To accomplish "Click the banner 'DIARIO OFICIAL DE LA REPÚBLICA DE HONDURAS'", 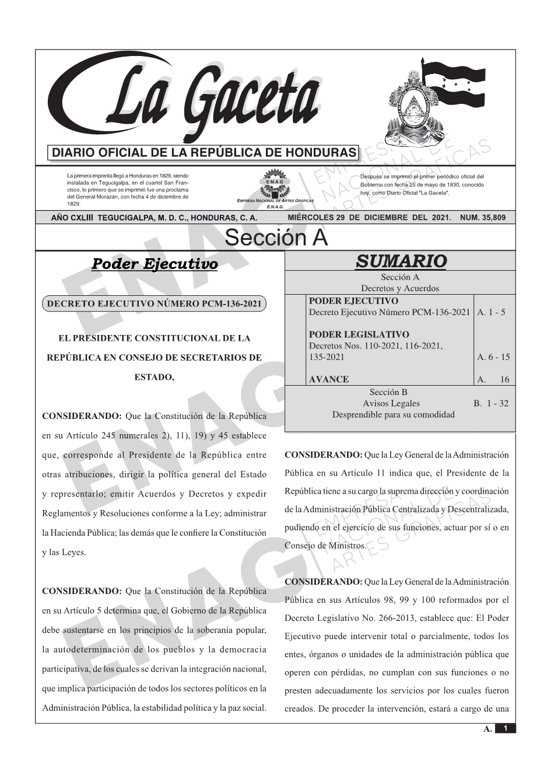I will pyautogui.click(x=203, y=153).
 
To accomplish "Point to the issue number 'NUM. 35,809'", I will pyautogui.click(x=483, y=218).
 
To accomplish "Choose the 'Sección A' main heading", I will pyautogui.click(x=276, y=238).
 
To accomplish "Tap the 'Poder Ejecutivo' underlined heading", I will pyautogui.click(x=155, y=264).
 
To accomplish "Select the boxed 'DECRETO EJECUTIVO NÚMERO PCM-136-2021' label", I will pyautogui.click(x=155, y=304).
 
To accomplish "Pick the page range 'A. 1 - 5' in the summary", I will pyautogui.click(x=491, y=312).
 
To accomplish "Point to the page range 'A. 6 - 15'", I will pyautogui.click(x=493, y=357).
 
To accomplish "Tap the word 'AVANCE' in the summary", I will pyautogui.click(x=329, y=379).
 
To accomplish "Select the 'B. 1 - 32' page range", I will pyautogui.click(x=491, y=403).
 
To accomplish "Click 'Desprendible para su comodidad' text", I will pyautogui.click(x=393, y=415).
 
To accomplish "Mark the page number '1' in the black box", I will pyautogui.click(x=506, y=728).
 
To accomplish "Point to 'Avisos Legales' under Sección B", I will pyautogui.click(x=391, y=403).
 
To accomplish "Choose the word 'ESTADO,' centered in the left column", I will pyautogui.click(x=154, y=377).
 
